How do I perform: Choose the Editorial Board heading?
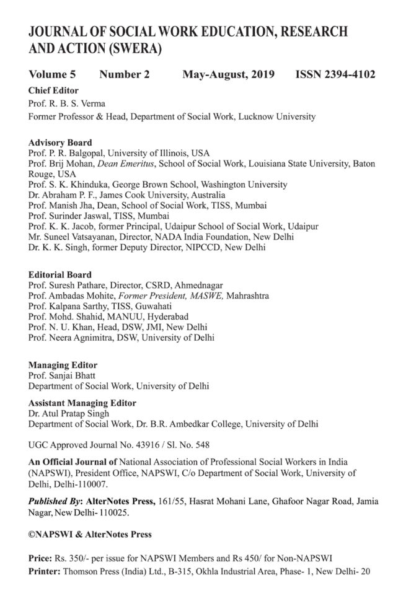pyautogui.click(x=60, y=274)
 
